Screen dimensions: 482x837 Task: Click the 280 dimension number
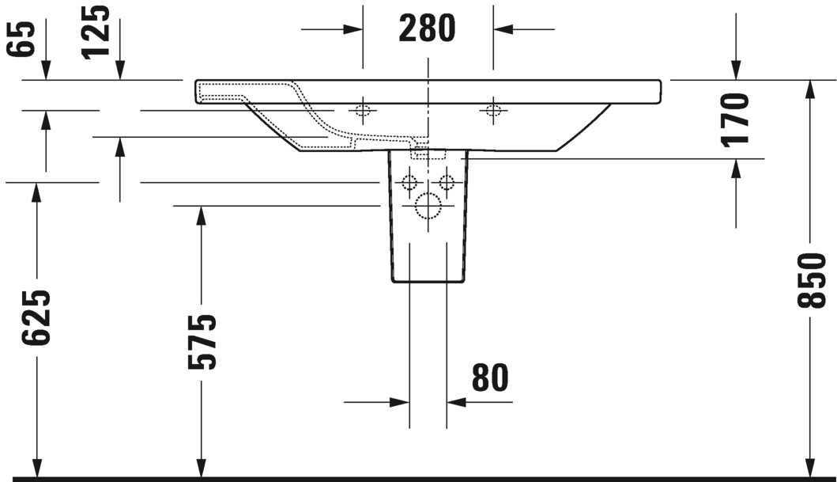click(x=427, y=28)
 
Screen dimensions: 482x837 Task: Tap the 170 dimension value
click(x=735, y=119)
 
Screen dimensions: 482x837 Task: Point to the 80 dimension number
click(x=490, y=378)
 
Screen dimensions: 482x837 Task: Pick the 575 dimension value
click(x=202, y=342)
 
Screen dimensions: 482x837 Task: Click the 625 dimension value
click(x=36, y=317)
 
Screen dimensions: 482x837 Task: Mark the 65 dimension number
click(x=21, y=38)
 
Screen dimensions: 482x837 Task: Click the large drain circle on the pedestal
click(x=428, y=206)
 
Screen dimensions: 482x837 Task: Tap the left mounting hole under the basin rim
click(x=363, y=111)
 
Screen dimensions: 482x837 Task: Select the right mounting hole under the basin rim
click(x=492, y=111)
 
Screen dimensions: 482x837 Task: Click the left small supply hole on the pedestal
click(x=409, y=183)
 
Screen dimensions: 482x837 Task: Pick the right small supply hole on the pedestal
click(x=447, y=183)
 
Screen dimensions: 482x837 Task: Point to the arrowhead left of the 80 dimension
click(x=400, y=402)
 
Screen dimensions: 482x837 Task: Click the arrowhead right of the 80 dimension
click(x=456, y=402)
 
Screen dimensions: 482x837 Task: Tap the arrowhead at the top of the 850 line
click(x=811, y=89)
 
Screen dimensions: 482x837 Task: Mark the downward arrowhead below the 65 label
click(x=45, y=71)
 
